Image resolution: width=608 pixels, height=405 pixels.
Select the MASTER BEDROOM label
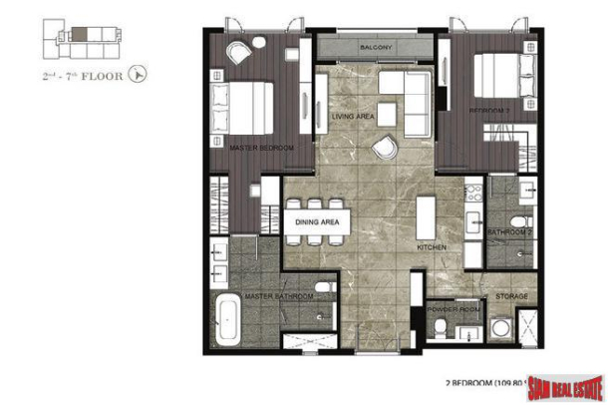261,149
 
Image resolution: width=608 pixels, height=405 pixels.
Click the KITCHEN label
431,246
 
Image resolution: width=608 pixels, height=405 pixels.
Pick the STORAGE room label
498,296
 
